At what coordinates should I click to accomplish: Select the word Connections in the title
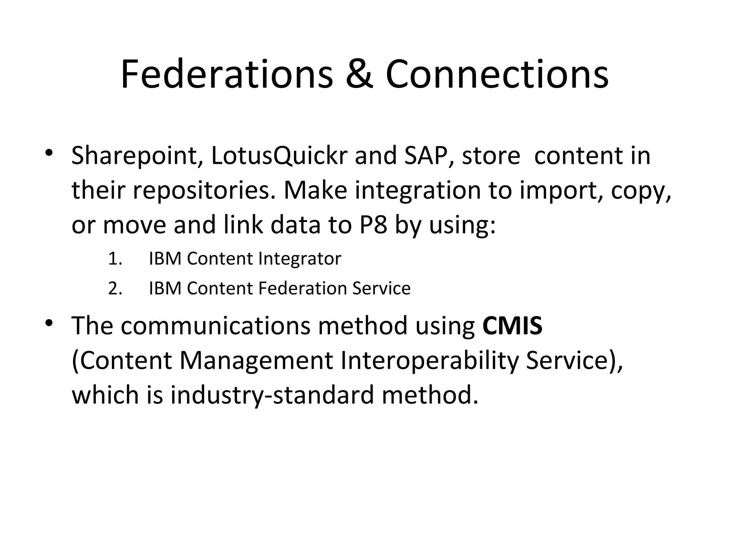click(x=497, y=75)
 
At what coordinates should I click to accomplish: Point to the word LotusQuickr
click(x=279, y=156)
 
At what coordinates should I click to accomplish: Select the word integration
click(x=417, y=191)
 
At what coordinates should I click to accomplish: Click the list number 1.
click(x=114, y=259)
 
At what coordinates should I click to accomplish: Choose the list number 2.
click(x=115, y=288)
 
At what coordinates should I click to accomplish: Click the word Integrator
click(x=299, y=259)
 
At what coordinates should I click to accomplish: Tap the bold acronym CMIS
click(x=512, y=325)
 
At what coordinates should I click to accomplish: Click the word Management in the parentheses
click(x=256, y=360)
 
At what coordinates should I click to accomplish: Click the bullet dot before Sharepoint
click(x=49, y=153)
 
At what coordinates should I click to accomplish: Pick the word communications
click(x=215, y=325)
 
